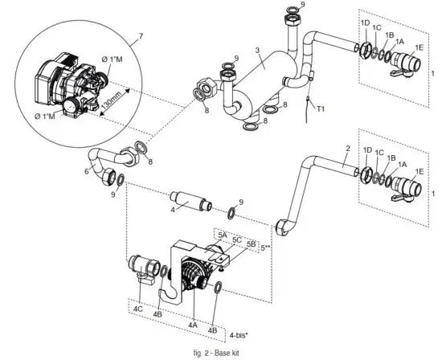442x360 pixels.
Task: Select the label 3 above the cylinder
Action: (x=257, y=51)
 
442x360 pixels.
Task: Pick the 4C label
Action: (x=138, y=308)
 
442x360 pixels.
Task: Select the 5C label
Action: (x=237, y=239)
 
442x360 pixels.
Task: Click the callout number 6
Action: (x=87, y=171)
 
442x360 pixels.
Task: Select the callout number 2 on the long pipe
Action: (x=347, y=149)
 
